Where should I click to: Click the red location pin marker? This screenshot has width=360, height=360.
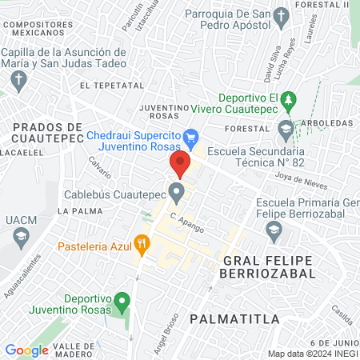click(x=181, y=164)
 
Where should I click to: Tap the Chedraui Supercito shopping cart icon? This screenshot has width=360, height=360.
click(x=190, y=138)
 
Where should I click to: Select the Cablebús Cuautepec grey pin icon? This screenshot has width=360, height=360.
click(x=177, y=192)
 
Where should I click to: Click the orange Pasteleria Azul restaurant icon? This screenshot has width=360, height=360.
click(x=142, y=242)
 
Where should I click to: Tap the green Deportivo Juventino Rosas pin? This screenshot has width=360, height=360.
click(x=122, y=302)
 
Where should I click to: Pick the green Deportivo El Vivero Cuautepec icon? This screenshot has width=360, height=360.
click(x=293, y=102)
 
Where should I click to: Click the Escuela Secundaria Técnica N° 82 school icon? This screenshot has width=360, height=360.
click(x=286, y=128)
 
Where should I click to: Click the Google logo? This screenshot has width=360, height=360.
click(x=26, y=350)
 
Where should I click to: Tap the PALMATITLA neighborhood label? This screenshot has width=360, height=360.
click(x=234, y=318)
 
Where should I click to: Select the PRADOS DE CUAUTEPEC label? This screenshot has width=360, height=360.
click(x=48, y=133)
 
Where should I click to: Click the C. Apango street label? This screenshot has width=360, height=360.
click(x=186, y=222)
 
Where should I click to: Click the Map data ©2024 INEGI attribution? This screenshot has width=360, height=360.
click(x=312, y=353)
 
